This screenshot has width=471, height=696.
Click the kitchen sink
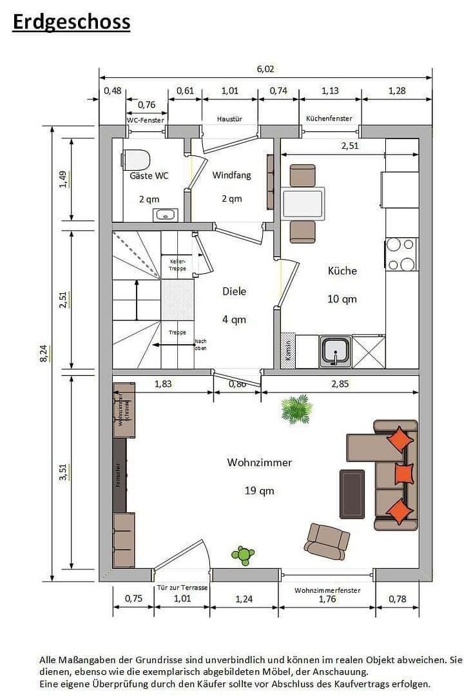[x=335, y=352]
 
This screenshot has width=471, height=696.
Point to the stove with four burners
[x=401, y=255]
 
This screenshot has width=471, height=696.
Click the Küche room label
[x=342, y=271]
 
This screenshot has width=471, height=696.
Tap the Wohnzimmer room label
[x=259, y=462]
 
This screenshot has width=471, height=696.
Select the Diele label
[x=234, y=291]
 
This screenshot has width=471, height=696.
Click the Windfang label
[x=231, y=175]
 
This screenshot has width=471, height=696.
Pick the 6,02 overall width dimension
[x=265, y=69]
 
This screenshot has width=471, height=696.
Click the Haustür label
[x=229, y=119]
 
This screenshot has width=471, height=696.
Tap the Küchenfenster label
[x=329, y=119]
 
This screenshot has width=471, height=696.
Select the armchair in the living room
[x=327, y=540]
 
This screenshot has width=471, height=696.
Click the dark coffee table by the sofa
[x=352, y=494]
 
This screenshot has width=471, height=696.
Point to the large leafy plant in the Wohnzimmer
[x=296, y=409]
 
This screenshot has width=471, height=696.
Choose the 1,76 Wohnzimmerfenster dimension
[x=327, y=599]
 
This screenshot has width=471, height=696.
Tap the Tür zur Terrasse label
[x=182, y=588]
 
